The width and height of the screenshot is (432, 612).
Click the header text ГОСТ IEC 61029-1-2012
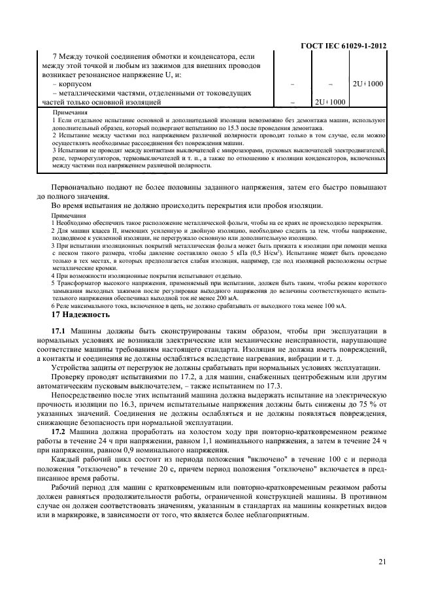pos(343,46)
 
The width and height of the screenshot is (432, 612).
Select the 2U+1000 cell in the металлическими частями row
pos(330,102)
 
